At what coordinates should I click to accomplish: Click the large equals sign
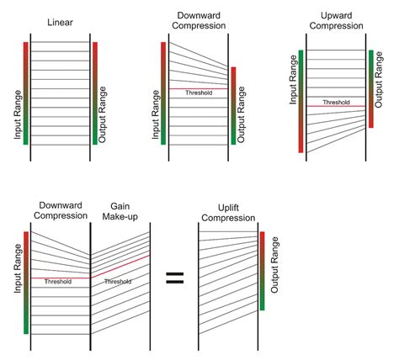pos(174,278)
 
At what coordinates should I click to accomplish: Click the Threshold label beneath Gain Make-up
pos(118,282)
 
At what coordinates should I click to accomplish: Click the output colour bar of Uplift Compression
pos(263,271)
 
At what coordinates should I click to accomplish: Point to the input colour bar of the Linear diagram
pos(26,93)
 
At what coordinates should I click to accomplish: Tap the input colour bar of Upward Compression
pos(301,101)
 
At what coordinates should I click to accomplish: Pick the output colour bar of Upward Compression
pos(370,88)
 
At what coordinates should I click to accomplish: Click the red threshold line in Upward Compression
pos(335,106)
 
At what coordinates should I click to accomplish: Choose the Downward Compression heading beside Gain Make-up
pos(60,209)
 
